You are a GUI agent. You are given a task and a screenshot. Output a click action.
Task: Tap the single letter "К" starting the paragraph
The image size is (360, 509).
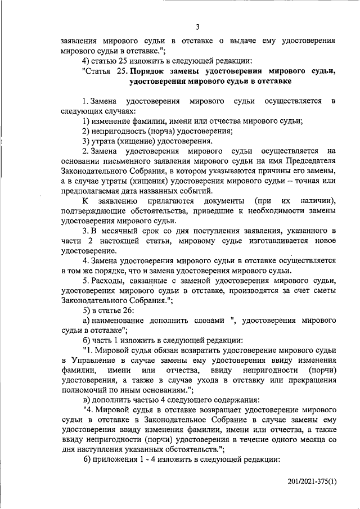(85, 200)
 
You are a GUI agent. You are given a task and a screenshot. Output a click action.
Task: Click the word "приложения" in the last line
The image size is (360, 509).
(115, 459)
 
